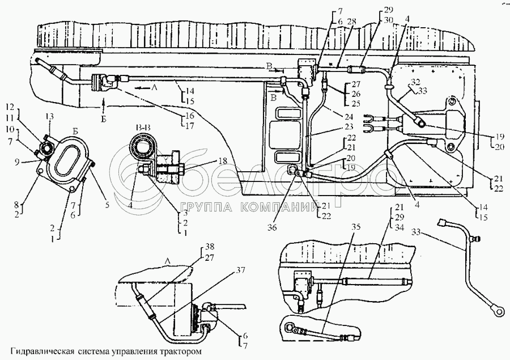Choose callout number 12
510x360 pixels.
pyautogui.click(x=10, y=107)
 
